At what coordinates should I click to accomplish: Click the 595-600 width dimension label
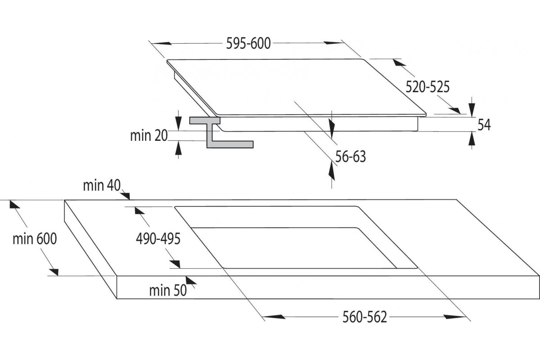[248, 44]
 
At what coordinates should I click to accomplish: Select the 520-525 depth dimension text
[427, 87]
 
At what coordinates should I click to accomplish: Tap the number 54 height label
[484, 125]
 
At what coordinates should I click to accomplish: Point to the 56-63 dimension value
[351, 157]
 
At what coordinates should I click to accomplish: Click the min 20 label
[149, 135]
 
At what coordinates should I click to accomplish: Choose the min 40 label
[102, 185]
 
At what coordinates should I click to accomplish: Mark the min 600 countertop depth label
[35, 238]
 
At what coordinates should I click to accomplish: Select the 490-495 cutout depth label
[158, 238]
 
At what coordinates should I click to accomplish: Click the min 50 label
[168, 290]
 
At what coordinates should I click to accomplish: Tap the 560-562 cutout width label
[365, 317]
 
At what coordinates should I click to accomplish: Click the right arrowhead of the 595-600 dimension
[333, 43]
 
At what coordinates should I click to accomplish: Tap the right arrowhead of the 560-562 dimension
[454, 317]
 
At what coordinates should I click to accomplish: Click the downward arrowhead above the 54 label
[472, 110]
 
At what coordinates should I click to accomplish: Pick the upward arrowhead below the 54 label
[472, 139]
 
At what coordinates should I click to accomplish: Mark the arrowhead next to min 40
[126, 196]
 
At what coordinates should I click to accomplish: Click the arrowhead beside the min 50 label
[191, 280]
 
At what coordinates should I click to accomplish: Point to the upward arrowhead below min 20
[178, 148]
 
